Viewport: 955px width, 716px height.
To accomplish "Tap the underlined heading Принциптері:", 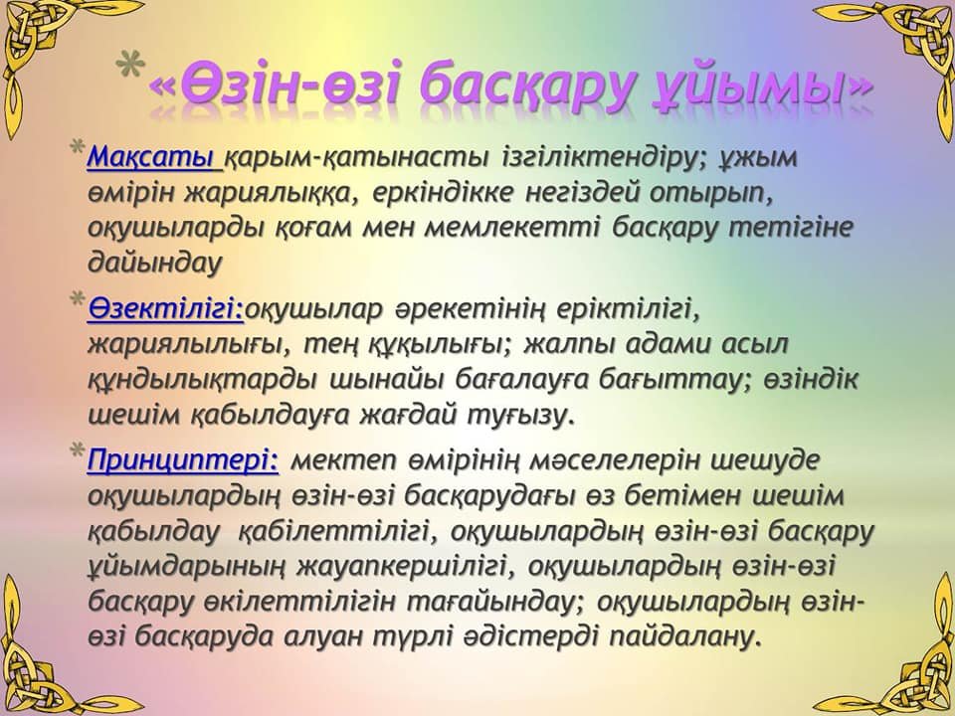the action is click(x=183, y=460).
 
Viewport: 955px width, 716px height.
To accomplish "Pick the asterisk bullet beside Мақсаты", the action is click(x=78, y=149).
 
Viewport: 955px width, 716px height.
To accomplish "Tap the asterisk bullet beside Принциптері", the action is click(x=78, y=451).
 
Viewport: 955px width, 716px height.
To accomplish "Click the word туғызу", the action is click(x=520, y=416).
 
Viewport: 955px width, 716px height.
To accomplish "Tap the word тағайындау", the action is click(x=497, y=603).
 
